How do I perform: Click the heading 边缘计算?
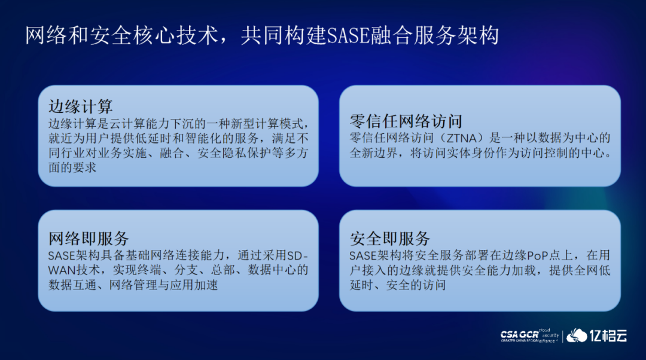click(81, 106)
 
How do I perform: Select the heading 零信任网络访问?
click(406, 121)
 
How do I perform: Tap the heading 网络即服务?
click(89, 239)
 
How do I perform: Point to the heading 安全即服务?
click(390, 239)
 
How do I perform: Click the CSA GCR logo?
click(529, 335)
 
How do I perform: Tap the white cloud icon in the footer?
click(577, 335)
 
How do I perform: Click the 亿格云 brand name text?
click(608, 335)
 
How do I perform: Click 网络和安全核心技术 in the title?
click(122, 35)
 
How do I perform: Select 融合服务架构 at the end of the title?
click(435, 35)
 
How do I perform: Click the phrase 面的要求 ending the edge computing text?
click(72, 167)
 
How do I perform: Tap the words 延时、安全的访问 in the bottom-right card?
click(398, 285)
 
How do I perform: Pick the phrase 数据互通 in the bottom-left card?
click(72, 285)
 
